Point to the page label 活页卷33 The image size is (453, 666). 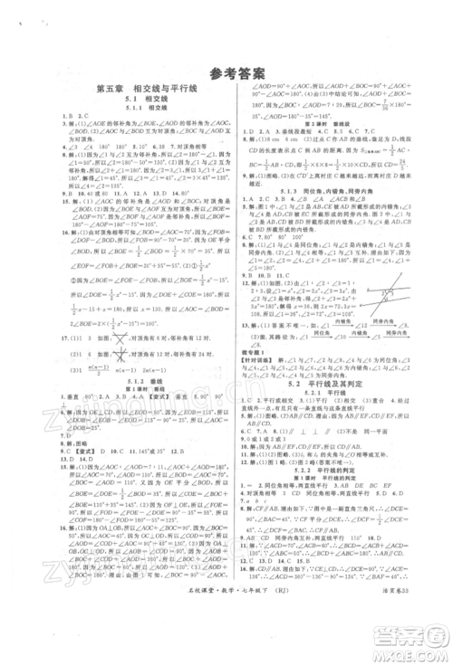click(400, 643)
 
